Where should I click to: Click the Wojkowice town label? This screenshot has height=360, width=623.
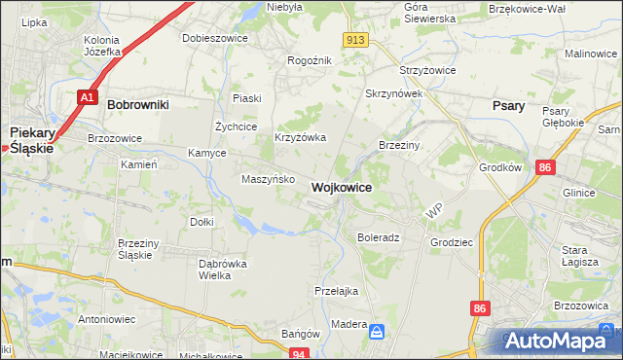point(340,187)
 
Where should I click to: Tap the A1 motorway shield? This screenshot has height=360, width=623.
point(88,97)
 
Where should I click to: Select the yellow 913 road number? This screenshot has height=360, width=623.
point(354,39)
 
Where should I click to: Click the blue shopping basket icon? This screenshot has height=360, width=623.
point(376,334)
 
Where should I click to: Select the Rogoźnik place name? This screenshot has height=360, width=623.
point(310,60)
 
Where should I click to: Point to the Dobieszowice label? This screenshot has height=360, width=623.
point(215,39)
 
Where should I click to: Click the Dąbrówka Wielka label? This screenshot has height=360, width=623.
point(222,270)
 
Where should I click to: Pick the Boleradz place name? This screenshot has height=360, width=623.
point(379,236)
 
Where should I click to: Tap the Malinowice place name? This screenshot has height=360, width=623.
point(592,54)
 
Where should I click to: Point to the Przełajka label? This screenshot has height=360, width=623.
point(337,290)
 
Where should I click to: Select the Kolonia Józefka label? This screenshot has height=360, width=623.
point(101,46)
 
